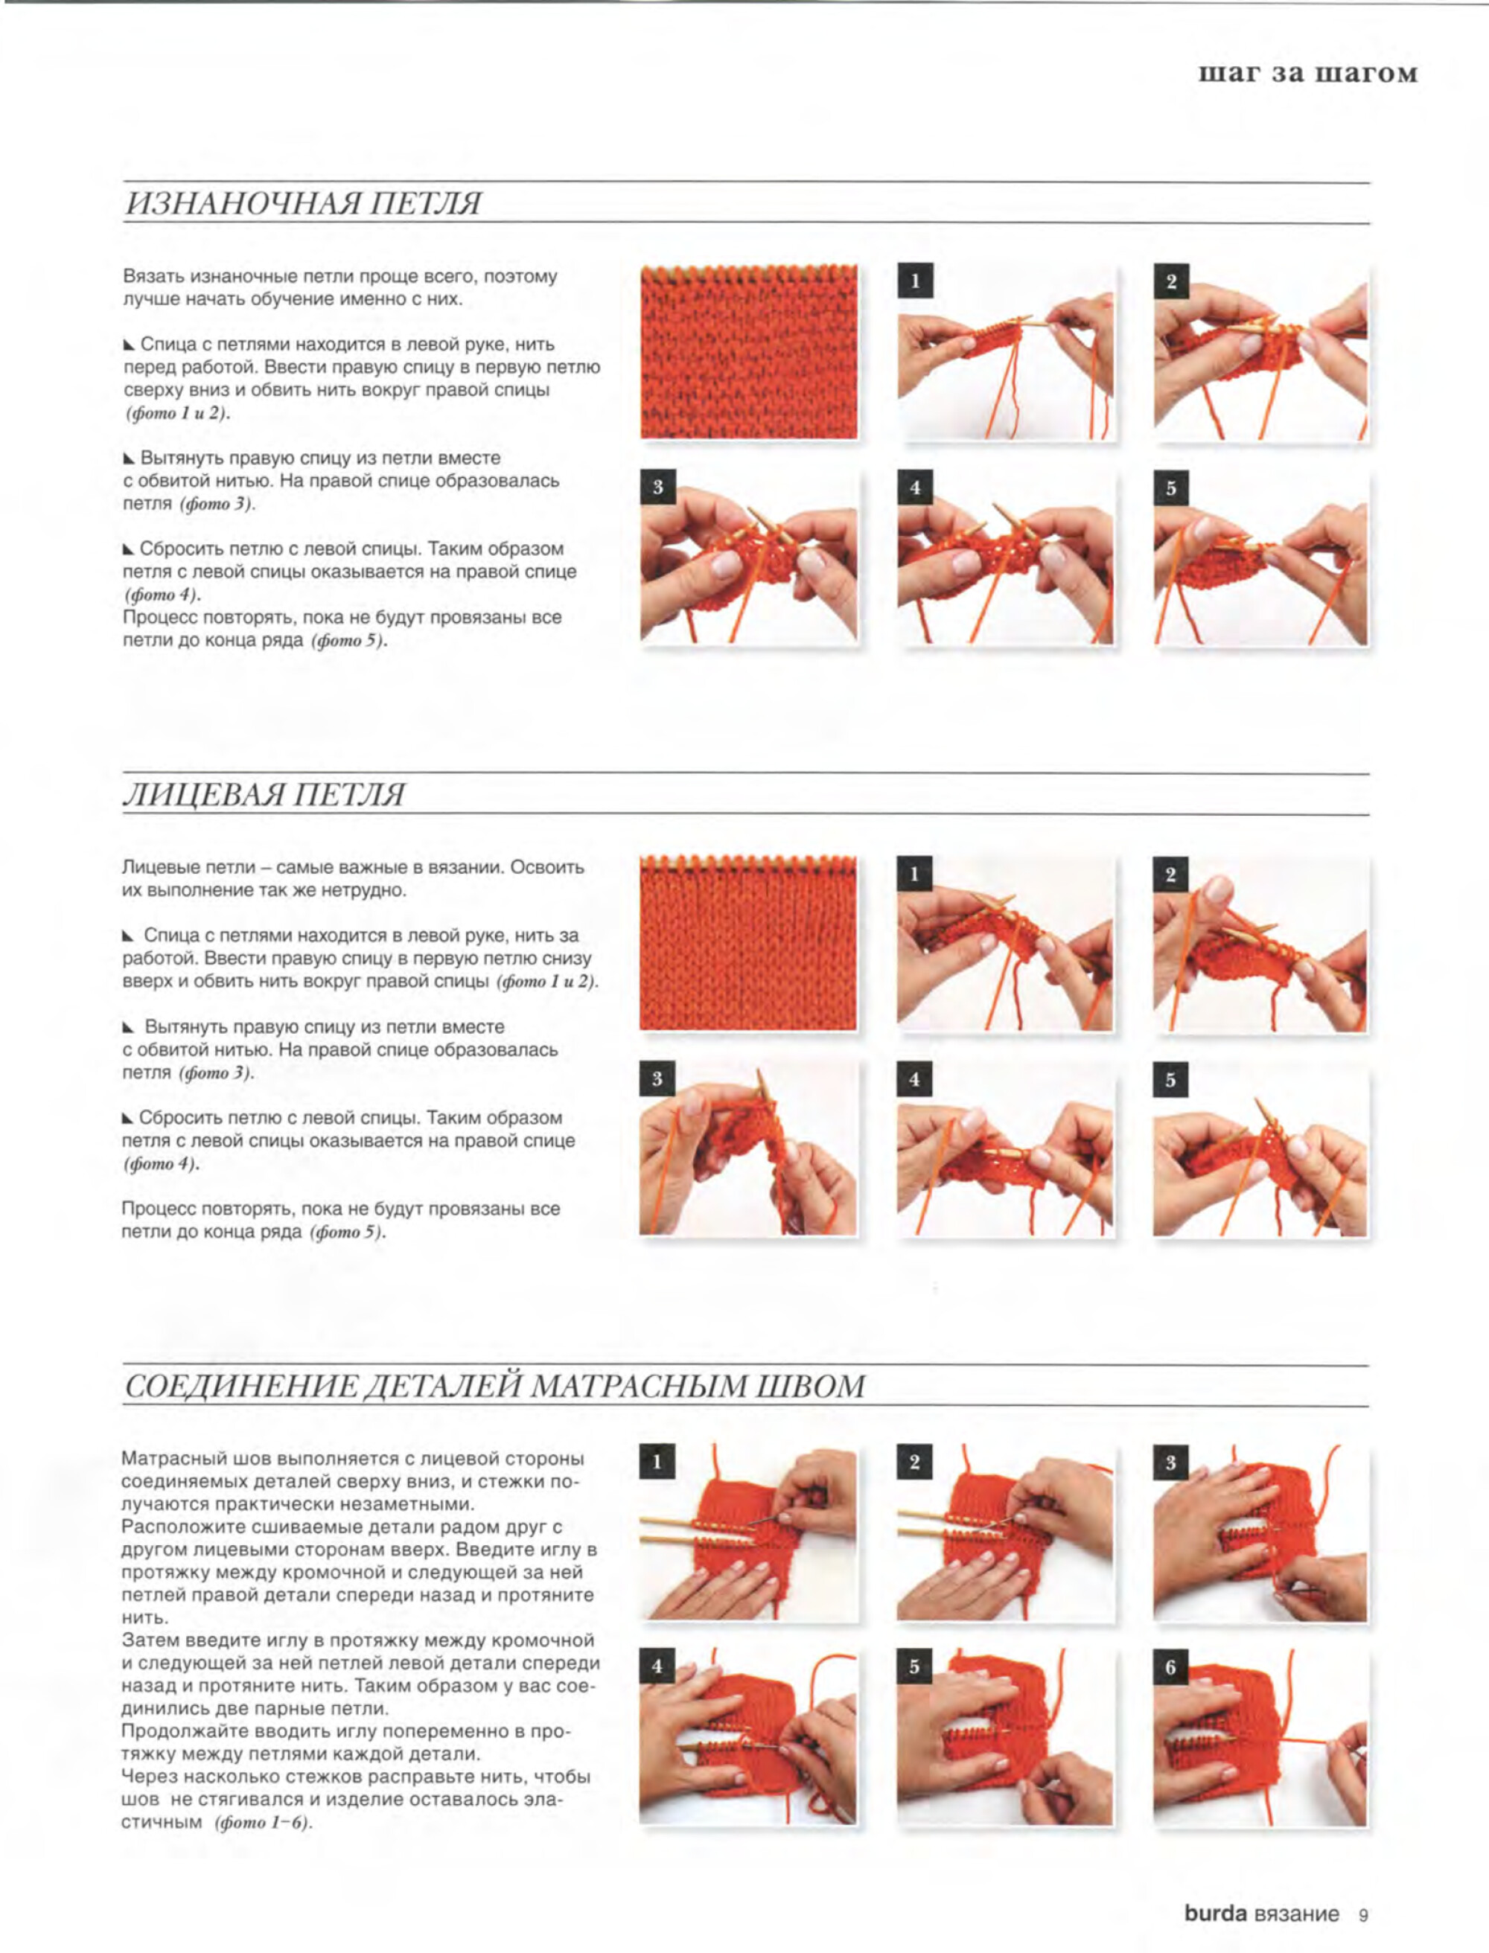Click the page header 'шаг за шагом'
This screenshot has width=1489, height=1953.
(x=1307, y=73)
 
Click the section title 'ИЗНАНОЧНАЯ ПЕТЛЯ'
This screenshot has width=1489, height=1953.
(x=303, y=204)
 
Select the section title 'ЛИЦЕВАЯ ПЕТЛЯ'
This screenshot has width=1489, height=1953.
(x=264, y=795)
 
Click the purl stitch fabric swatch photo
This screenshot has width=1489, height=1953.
(x=749, y=352)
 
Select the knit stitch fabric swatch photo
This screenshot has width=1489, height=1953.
(x=748, y=943)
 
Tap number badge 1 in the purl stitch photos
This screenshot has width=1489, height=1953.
(x=915, y=282)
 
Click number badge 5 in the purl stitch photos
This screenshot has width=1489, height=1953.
(x=1171, y=488)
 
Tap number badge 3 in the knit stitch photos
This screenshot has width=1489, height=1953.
(x=657, y=1078)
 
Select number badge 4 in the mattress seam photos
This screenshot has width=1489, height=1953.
(x=657, y=1666)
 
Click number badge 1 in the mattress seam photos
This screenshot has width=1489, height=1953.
(x=657, y=1462)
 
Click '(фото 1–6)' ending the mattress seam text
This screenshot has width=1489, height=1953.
(x=264, y=1823)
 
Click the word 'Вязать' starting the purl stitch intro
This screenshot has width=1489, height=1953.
(x=153, y=276)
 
